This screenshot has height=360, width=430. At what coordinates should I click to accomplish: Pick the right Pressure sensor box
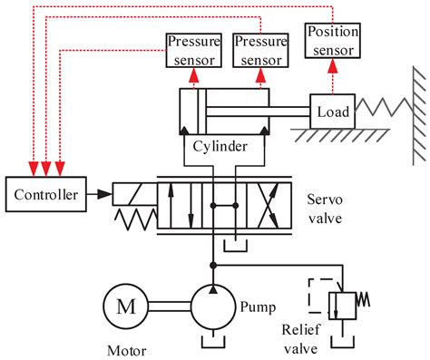259,51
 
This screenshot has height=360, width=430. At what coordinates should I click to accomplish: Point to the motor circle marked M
124,306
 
